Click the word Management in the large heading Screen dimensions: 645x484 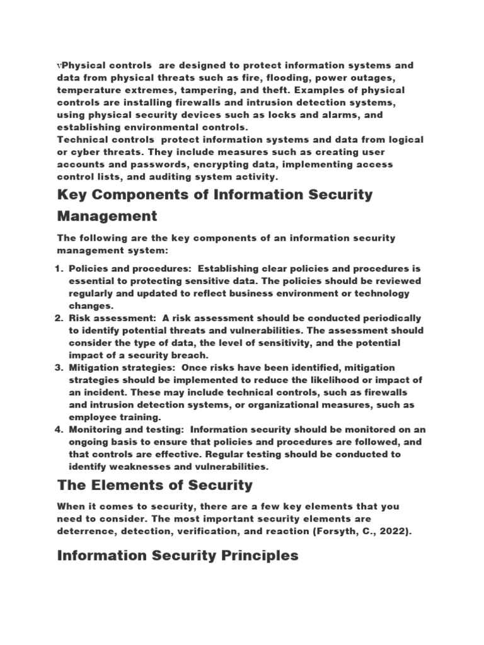(107, 217)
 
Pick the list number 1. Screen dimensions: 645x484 (60, 268)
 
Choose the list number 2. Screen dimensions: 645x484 (60, 318)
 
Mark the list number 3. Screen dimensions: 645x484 (60, 367)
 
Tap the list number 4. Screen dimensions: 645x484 (60, 430)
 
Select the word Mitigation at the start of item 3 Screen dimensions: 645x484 (94, 367)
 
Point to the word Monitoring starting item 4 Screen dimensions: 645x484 (96, 430)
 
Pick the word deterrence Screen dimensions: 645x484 (88, 531)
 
